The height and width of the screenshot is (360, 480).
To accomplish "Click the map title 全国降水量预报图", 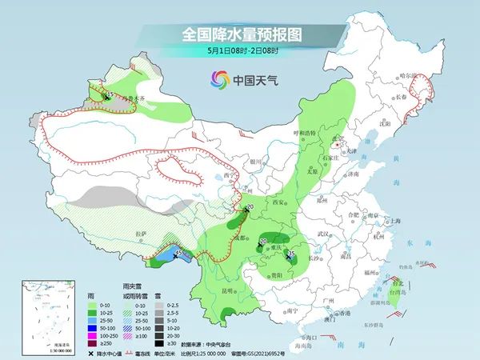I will pos(240,34).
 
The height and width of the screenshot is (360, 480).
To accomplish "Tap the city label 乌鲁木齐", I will pos(122,98).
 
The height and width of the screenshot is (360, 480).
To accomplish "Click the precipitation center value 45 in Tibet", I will pos(178,253).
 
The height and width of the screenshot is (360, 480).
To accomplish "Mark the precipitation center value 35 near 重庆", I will pos(291,254).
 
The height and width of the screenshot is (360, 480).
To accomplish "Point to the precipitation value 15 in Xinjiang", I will pos(110,94).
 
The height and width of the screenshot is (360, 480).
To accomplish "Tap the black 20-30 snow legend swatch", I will pos(158,334).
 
